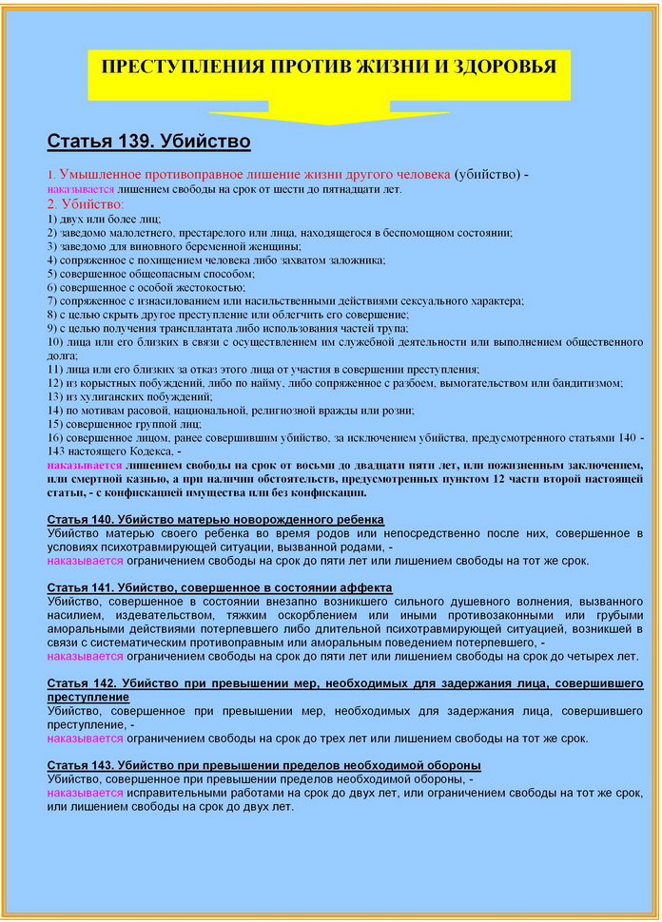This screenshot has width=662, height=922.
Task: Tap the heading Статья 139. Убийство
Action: [148, 143]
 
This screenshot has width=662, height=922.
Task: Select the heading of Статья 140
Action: [215, 519]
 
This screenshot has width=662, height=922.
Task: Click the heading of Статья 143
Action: [263, 765]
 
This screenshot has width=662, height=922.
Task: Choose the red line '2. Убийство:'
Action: [86, 203]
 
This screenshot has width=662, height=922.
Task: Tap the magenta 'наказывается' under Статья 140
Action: [85, 561]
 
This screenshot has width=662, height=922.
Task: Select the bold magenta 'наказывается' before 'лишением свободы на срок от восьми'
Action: [85, 466]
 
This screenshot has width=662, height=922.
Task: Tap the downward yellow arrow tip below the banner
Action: [329, 122]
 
